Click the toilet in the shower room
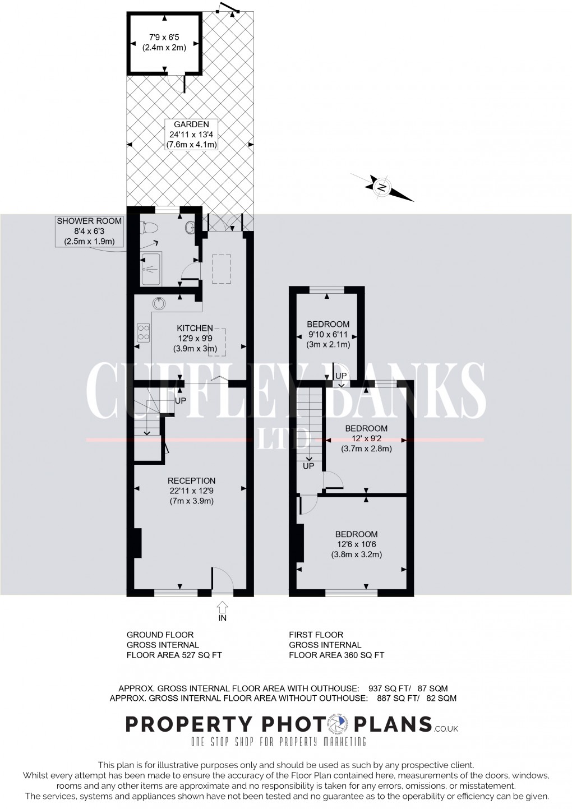(149, 228)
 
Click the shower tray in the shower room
(151, 269)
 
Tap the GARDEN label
(192, 124)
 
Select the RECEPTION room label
(192, 480)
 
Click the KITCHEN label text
(195, 328)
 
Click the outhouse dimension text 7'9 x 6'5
(164, 37)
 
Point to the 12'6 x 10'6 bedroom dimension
(357, 544)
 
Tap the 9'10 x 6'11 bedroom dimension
(328, 334)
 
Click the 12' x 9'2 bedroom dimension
(366, 438)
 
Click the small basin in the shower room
(190, 227)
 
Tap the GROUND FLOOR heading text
(160, 635)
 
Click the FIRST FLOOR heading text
(316, 635)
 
